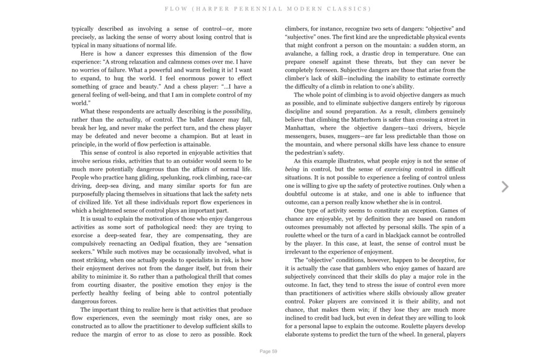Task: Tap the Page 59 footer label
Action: tap(268, 351)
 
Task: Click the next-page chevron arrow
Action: tap(504, 186)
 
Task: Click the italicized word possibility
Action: tap(237, 111)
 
